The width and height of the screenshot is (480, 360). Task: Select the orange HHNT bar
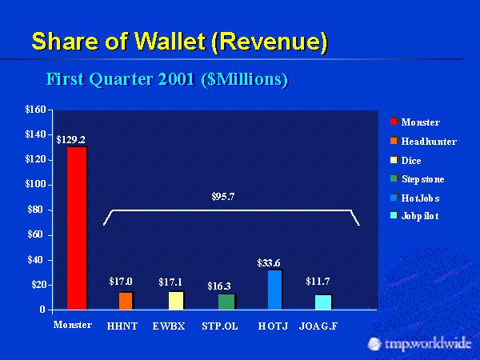click(125, 301)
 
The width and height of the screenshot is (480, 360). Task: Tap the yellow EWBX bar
click(175, 300)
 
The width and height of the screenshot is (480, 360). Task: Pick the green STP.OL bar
click(226, 302)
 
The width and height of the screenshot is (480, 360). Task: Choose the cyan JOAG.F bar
click(322, 302)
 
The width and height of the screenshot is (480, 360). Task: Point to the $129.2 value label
click(70, 139)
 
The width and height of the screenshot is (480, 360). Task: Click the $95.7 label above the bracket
click(222, 196)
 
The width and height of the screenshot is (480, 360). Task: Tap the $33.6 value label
click(269, 262)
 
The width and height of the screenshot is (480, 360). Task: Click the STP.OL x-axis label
click(220, 326)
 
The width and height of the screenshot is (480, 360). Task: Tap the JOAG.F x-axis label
click(318, 326)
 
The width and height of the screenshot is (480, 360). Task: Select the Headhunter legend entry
click(428, 142)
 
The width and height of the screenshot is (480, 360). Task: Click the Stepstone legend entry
click(422, 179)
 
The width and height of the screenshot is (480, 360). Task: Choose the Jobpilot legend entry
click(419, 217)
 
